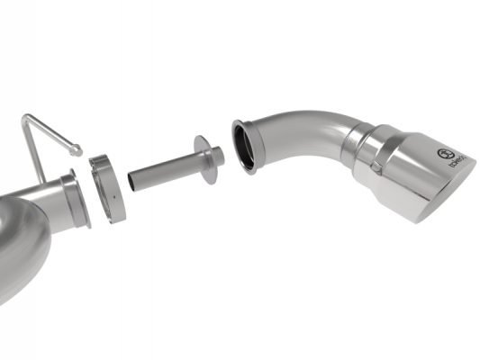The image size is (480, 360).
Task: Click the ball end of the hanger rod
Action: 78,150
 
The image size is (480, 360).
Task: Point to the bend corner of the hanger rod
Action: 27,118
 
